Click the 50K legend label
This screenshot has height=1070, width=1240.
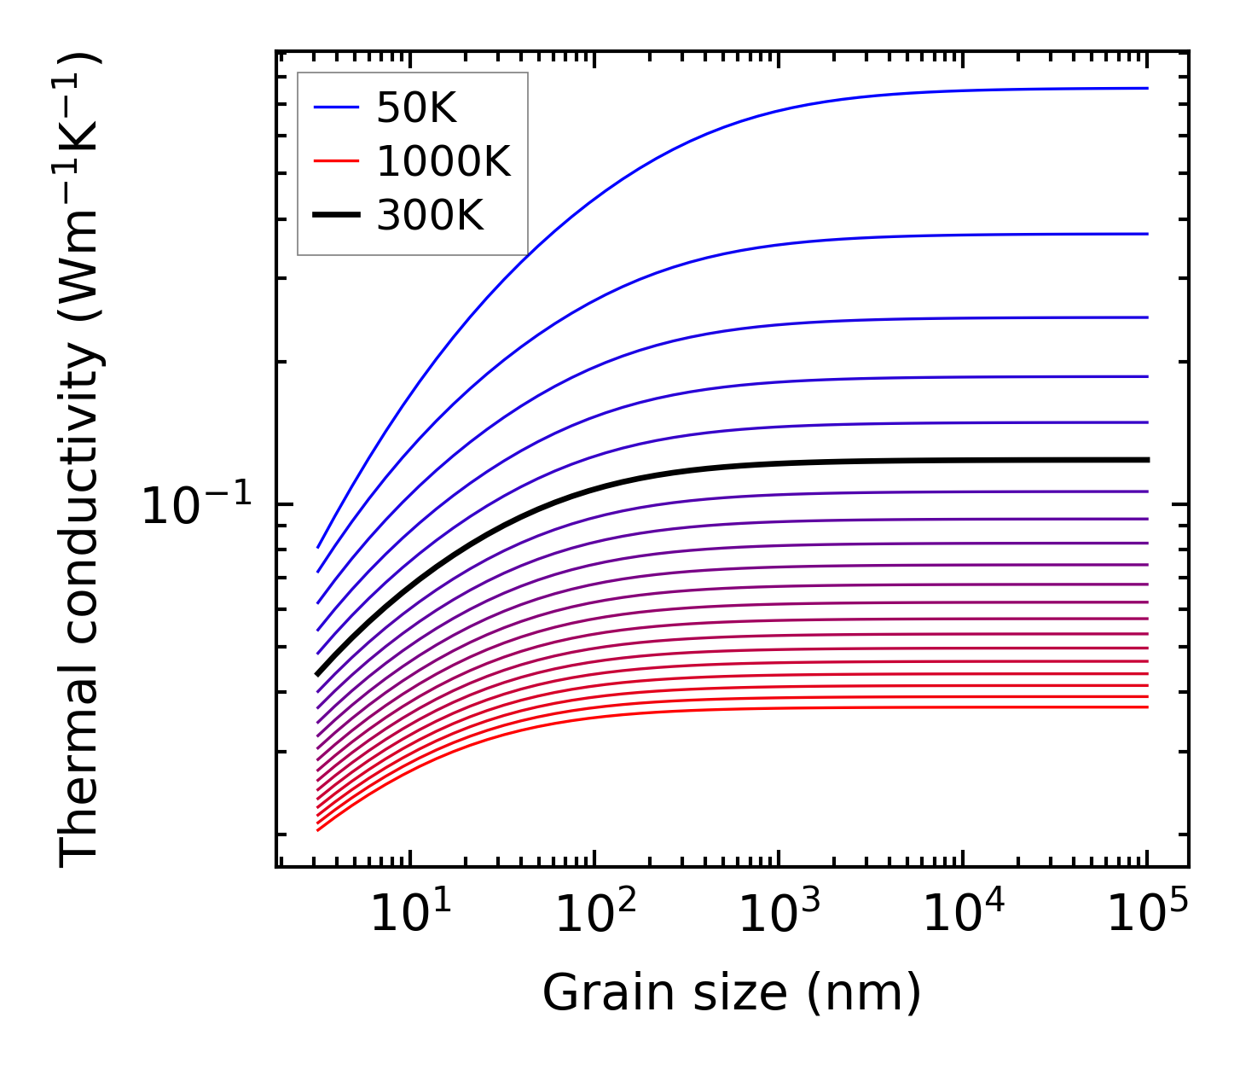[x=416, y=108]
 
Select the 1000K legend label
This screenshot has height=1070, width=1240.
[x=443, y=162]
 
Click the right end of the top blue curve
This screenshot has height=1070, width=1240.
[x=1147, y=88]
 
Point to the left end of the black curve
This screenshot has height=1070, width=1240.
[x=318, y=673]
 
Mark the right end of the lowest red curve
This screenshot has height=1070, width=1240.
[x=1147, y=707]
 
